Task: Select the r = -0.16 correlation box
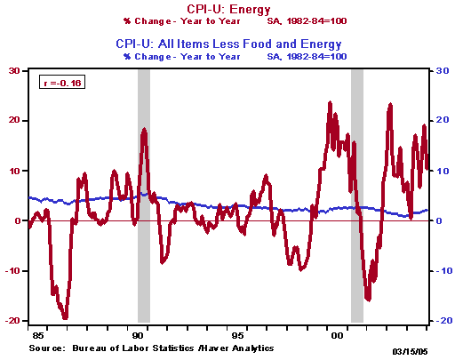[60, 83]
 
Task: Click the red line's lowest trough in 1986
[65, 316]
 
